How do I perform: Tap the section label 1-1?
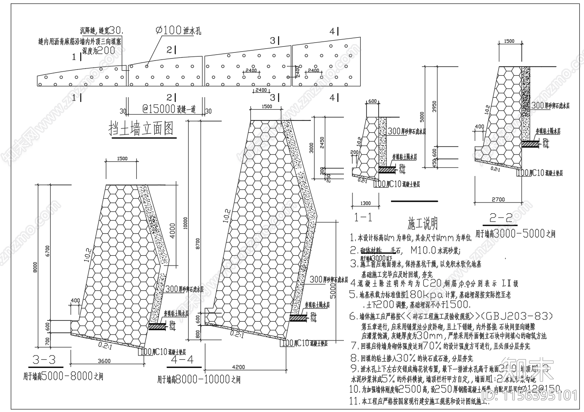364,218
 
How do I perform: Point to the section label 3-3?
44,360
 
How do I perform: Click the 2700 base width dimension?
498,200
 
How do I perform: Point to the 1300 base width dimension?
365,203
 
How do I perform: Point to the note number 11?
354,401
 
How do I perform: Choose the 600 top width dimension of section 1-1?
372,102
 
